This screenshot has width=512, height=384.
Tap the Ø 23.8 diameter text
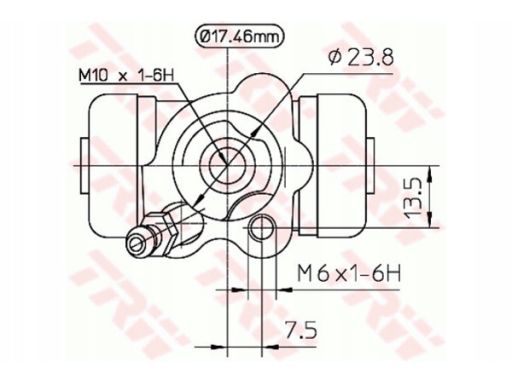(361, 57)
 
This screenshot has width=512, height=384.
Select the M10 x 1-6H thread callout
(127, 75)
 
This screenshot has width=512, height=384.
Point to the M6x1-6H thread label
(349, 273)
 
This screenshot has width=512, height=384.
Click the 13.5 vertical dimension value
(412, 197)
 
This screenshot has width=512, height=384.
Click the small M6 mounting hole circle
(262, 228)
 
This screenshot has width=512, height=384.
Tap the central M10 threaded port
(227, 165)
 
